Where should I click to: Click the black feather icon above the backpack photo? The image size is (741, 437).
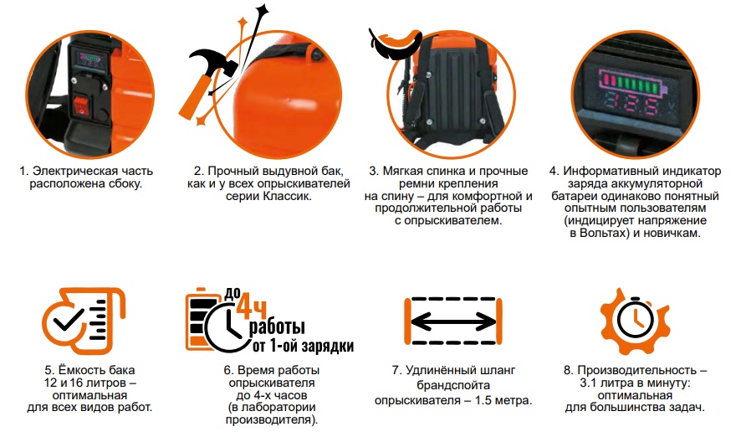[394, 43]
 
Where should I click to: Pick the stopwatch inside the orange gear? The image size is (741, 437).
[635, 321]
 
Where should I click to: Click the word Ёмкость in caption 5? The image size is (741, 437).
[88, 369]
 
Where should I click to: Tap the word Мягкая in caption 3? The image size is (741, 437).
[420, 171]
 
